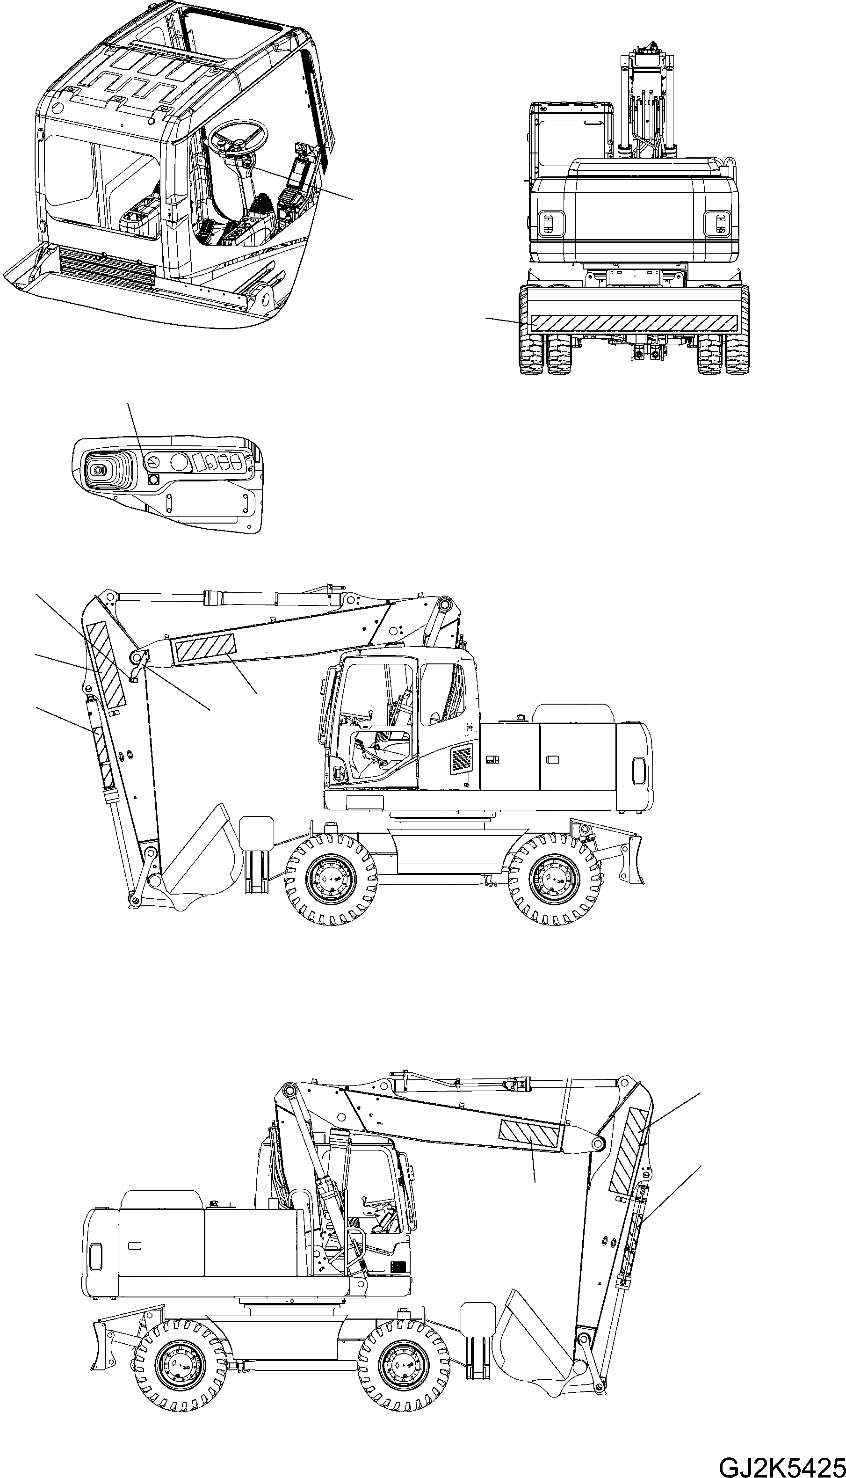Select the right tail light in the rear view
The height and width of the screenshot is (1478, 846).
(720, 224)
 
